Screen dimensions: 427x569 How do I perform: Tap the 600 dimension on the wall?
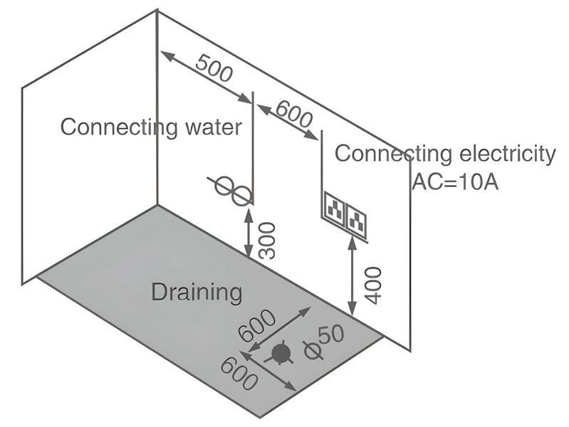293,113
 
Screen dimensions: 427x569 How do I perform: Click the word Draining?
197,292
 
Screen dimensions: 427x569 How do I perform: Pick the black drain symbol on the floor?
281,352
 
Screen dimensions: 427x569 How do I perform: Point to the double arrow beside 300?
249,231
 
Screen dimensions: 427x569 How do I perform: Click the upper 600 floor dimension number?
256,329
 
